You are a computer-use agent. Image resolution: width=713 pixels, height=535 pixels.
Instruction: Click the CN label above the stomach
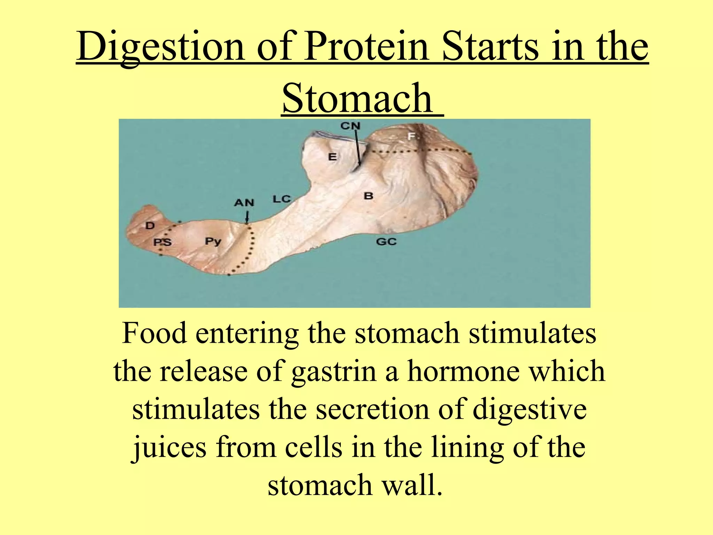point(350,126)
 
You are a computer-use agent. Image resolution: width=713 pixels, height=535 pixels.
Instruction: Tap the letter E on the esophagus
point(332,157)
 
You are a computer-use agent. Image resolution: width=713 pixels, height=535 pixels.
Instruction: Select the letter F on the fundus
point(412,136)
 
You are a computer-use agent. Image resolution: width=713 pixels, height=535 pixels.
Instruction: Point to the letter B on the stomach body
point(368,196)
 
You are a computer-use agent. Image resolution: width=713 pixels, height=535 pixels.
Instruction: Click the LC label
point(281,199)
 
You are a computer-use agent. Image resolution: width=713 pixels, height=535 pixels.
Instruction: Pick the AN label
point(244,203)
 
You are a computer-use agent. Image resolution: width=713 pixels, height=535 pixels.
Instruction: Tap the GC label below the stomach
point(386,241)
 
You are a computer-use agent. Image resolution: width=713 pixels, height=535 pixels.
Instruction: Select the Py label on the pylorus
point(213,241)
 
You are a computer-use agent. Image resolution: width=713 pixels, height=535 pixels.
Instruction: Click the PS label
point(163,242)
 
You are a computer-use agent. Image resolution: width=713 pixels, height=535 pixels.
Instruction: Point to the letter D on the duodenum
point(150,226)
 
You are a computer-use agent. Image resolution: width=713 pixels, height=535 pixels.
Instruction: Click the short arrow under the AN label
point(247,218)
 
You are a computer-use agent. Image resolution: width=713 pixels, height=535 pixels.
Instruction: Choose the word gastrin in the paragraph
point(334,371)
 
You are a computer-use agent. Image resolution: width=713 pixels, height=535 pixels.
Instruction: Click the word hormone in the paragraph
point(463,371)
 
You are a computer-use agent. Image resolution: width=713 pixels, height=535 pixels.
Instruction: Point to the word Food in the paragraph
point(154,333)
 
